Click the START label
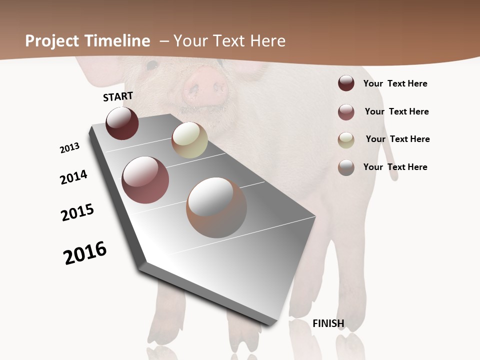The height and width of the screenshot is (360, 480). tap(118, 96)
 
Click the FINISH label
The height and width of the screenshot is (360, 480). tap(328, 323)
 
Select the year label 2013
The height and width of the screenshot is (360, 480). tap(69, 148)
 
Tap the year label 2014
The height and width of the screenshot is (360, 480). tap(73, 177)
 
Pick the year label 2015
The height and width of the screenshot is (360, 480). tap(77, 212)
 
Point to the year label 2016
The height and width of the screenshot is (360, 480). tap(85, 253)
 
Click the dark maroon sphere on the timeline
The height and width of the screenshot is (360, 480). tap(122, 123)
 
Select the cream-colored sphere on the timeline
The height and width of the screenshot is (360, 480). tap(189, 140)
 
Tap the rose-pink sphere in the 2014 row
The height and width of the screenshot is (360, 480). tap(145, 180)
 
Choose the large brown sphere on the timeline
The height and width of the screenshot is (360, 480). tap(216, 207)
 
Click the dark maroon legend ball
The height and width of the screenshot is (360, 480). tap(346, 83)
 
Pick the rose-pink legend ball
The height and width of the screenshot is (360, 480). tap(346, 112)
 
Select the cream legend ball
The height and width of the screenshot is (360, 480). tap(346, 140)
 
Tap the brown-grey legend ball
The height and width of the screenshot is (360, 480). tap(346, 167)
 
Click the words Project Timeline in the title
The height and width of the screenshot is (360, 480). tap(87, 41)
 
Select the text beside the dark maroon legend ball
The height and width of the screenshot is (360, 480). tap(395, 83)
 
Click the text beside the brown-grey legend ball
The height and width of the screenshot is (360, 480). tap(395, 167)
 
